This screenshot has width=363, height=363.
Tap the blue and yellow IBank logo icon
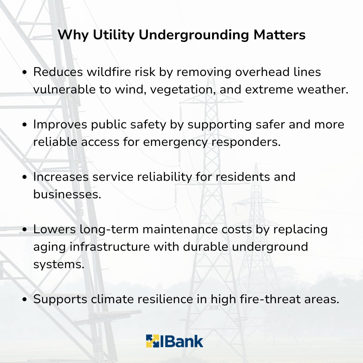coord(153,341)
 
